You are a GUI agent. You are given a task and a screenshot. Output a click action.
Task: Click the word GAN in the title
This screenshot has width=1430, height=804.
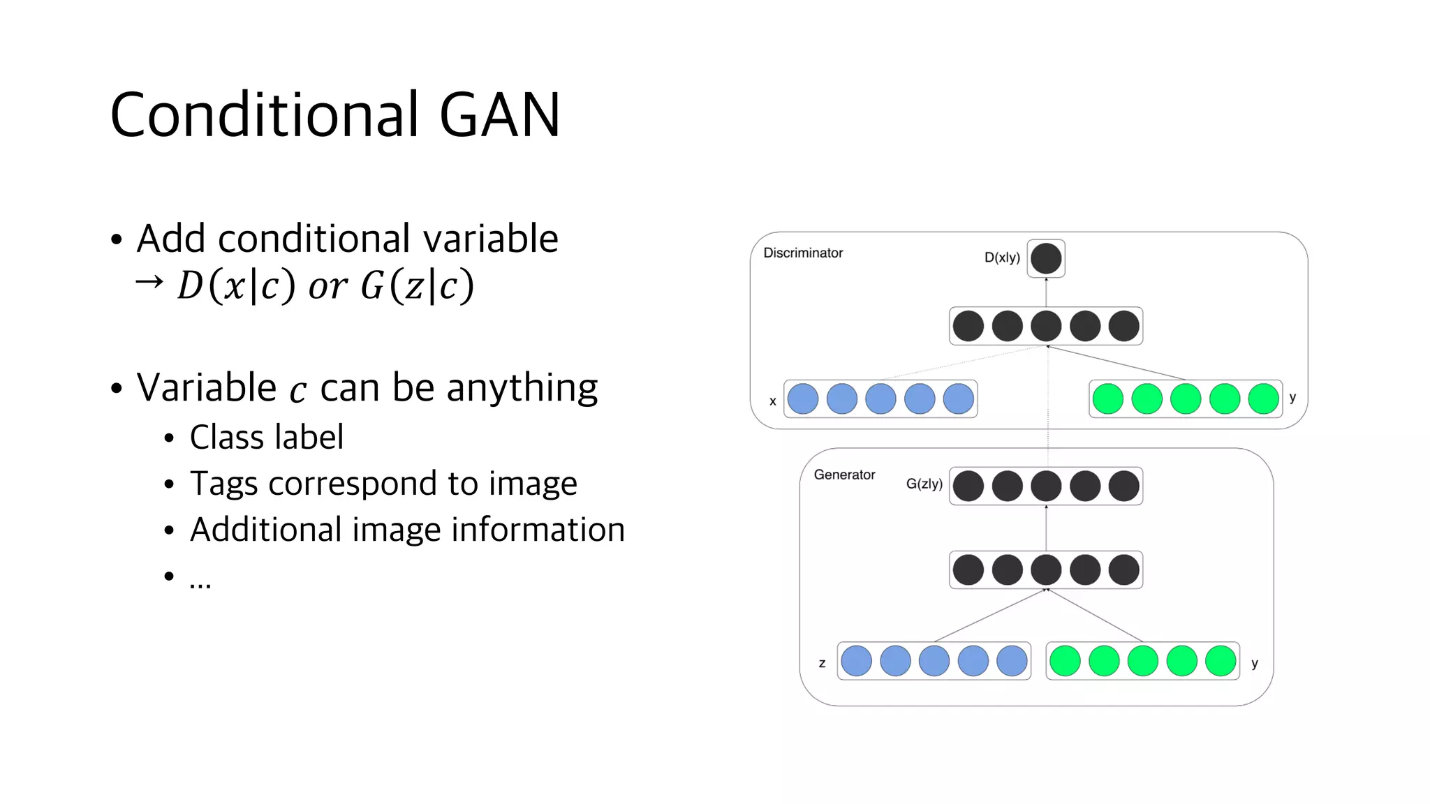[499, 115]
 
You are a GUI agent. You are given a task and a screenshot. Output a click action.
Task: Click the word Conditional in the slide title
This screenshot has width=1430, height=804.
[264, 115]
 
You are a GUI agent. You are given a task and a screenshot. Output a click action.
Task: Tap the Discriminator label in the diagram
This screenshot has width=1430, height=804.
[803, 253]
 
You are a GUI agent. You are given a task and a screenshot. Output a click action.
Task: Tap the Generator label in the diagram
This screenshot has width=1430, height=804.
[844, 475]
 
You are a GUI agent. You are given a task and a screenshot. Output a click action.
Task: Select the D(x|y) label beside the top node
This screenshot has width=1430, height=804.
[1002, 258]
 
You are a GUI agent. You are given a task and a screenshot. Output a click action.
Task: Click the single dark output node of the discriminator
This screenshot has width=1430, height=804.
[1046, 259]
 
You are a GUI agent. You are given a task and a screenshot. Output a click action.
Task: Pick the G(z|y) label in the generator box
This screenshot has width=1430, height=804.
[924, 484]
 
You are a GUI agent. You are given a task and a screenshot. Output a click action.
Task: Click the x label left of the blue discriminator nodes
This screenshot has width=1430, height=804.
[773, 401]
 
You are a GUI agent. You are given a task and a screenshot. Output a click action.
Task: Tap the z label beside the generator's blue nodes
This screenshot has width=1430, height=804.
[822, 663]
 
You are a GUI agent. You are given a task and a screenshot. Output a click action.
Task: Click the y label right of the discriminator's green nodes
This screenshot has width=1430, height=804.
[1292, 397]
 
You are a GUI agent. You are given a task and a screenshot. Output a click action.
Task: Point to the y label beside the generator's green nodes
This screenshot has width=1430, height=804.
[1255, 664]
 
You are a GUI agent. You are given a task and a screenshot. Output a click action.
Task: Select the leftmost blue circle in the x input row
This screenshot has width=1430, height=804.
[803, 399]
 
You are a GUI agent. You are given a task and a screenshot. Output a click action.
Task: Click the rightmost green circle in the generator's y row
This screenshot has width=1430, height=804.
[1221, 661]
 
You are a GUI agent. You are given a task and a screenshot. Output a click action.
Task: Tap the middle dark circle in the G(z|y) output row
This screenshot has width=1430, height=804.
[1046, 486]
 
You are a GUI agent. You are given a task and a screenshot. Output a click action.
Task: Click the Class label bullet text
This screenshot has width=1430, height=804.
[267, 438]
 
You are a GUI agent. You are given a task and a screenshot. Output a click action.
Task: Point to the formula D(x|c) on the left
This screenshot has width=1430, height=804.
[236, 285]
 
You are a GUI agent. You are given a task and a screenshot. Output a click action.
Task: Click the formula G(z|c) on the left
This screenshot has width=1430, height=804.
[417, 285]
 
